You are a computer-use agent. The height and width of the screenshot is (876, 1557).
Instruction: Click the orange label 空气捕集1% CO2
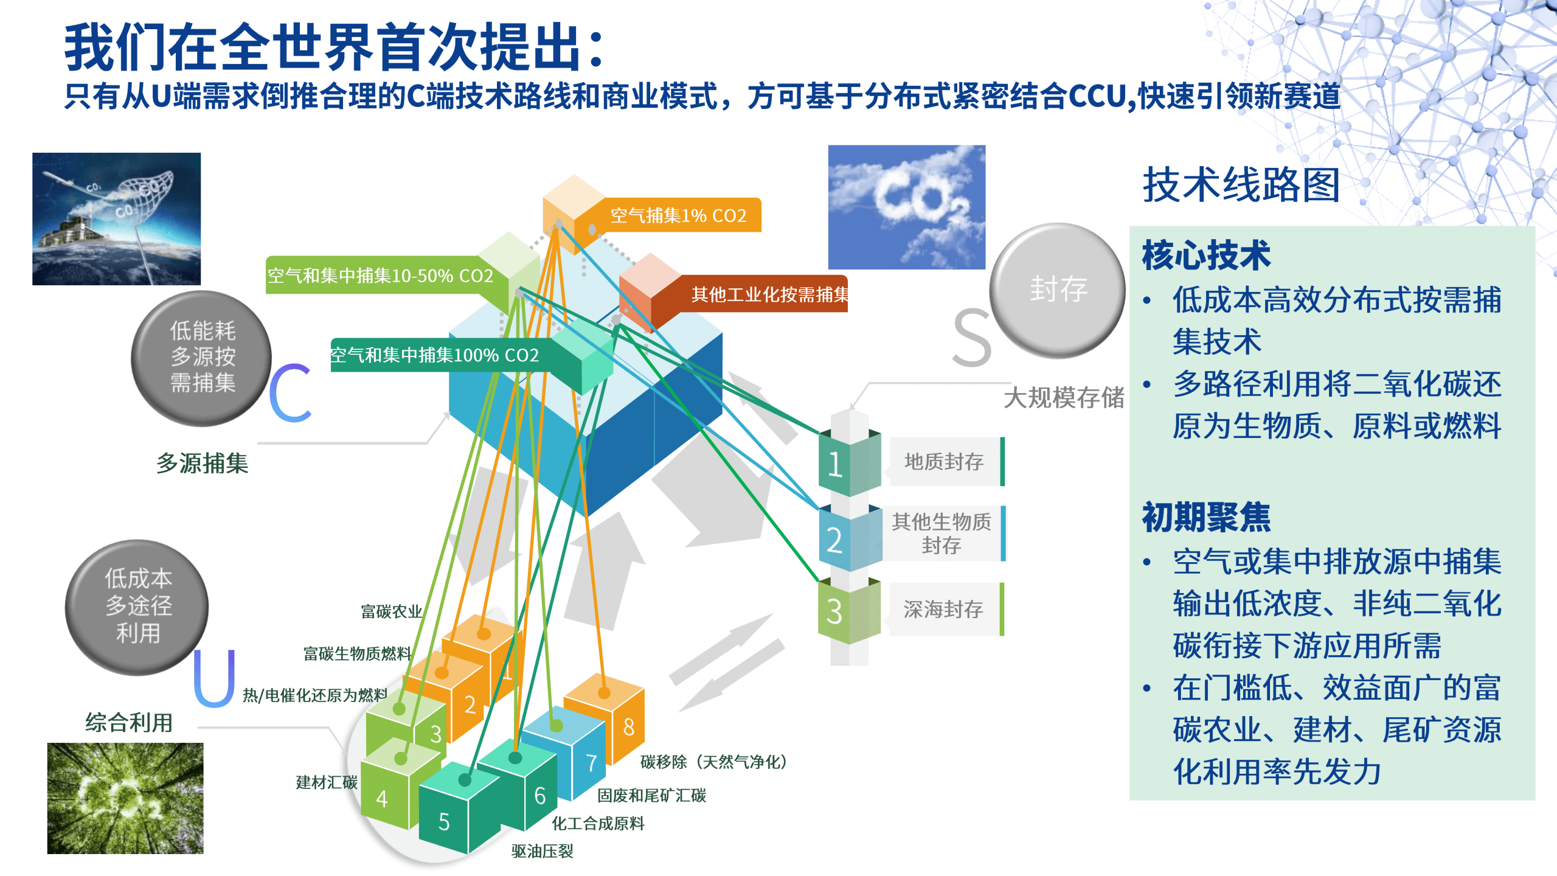point(678,215)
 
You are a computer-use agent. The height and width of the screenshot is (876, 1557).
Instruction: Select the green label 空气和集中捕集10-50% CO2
point(380,276)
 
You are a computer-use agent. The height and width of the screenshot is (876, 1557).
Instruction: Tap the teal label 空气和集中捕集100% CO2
point(434,355)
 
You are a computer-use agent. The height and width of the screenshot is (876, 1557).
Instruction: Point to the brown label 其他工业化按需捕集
point(769,295)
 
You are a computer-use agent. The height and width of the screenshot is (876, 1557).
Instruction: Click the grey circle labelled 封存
point(1058,289)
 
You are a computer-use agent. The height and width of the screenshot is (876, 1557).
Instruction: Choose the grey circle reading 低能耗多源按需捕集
point(202,357)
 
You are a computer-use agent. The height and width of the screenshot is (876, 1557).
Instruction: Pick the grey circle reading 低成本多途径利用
point(137,606)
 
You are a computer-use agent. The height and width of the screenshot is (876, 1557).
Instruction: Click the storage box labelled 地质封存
point(943,462)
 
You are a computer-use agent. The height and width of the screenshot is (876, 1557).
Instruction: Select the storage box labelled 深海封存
point(943,609)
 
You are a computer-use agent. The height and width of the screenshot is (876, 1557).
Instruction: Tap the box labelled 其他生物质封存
point(941,533)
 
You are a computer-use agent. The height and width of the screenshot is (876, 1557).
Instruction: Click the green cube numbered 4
point(389,791)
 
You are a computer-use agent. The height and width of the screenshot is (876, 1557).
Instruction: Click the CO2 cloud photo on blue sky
point(906,207)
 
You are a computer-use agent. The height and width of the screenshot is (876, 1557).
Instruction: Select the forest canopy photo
point(125,798)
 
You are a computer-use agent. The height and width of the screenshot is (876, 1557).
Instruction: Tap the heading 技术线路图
point(1241,184)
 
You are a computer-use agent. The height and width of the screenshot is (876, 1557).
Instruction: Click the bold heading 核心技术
point(1206,255)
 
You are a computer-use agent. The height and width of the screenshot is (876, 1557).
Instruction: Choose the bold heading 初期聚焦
point(1206,517)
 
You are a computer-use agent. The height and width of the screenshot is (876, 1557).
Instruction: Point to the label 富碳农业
point(391,611)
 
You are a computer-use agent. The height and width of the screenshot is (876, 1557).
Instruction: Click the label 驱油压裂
point(542,851)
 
